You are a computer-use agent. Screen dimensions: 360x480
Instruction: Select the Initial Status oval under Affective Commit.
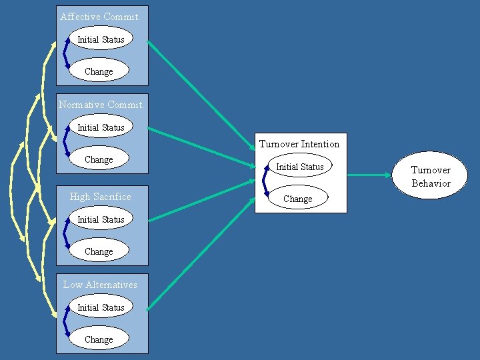pyautogui.click(x=101, y=39)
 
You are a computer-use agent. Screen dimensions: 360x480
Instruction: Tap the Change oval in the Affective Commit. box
pyautogui.click(x=99, y=71)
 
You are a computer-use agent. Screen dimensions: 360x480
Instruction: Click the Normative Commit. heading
pyautogui.click(x=101, y=105)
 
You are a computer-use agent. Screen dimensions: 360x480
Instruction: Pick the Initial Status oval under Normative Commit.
pyautogui.click(x=101, y=127)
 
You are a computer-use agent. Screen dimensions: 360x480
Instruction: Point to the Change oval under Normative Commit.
pyautogui.click(x=99, y=159)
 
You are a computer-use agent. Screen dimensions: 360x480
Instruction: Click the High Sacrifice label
pyautogui.click(x=101, y=197)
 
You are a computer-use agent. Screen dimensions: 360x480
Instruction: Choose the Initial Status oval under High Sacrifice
pyautogui.click(x=101, y=219)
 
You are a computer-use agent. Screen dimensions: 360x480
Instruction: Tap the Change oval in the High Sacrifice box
pyautogui.click(x=99, y=251)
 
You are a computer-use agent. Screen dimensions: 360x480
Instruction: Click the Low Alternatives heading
pyautogui.click(x=101, y=285)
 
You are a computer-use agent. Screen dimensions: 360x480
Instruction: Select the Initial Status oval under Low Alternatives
pyautogui.click(x=101, y=307)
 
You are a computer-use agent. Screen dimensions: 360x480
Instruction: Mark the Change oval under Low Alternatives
pyautogui.click(x=99, y=339)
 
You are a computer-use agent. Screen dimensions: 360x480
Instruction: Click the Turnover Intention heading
pyautogui.click(x=299, y=144)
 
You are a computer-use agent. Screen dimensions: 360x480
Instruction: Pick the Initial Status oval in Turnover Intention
pyautogui.click(x=299, y=167)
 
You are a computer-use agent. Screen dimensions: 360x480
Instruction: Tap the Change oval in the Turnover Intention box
pyautogui.click(x=297, y=199)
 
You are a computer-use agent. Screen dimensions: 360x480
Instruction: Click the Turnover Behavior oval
pyautogui.click(x=431, y=176)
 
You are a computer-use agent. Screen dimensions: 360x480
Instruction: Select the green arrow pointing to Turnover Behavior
pyautogui.click(x=370, y=175)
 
